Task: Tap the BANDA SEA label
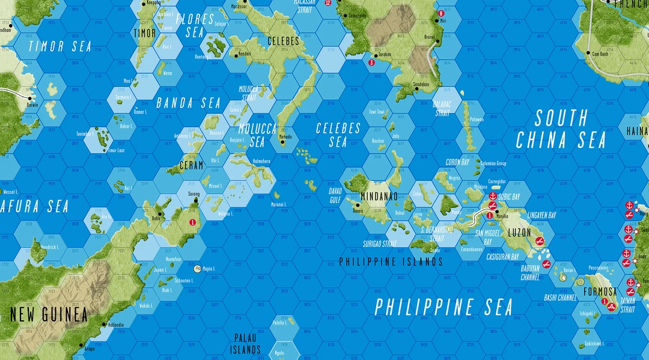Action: coord(189,103)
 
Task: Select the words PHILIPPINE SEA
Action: coord(444,307)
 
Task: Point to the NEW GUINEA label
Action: coord(49,314)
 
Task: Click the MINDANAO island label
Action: coord(380,197)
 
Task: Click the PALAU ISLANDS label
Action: coord(246,343)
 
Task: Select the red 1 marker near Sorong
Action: coord(192,222)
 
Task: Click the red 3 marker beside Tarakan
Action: coord(371,62)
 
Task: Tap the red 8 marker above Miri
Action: coord(442,13)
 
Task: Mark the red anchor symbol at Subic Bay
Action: coord(493,197)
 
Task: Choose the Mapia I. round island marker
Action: coord(198,268)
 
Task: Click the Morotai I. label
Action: coord(277,204)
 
